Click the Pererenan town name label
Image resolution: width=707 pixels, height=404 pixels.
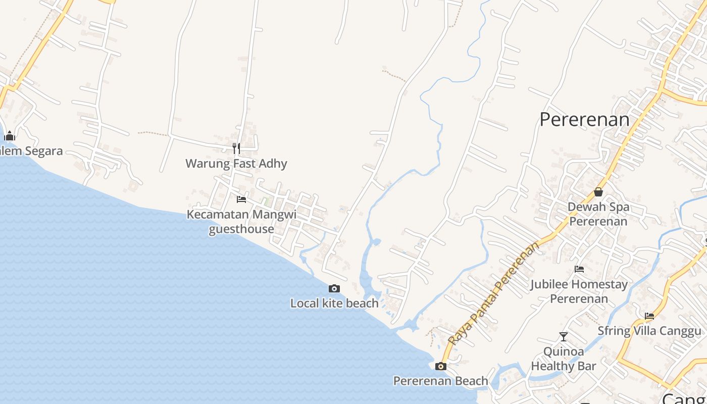tap(584, 120)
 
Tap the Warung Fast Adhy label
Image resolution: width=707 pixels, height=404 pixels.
tap(236, 164)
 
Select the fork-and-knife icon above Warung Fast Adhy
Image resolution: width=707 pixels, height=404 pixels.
tap(236, 148)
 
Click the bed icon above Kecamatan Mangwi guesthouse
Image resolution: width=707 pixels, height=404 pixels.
tap(241, 199)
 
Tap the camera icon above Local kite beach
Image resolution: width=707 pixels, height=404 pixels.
tap(334, 289)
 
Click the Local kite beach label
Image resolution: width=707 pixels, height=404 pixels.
tap(334, 303)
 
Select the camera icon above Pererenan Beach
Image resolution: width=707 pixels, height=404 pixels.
tap(441, 367)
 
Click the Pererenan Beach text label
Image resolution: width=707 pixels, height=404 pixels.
tap(440, 381)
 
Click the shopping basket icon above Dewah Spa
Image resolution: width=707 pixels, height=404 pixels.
tap(598, 192)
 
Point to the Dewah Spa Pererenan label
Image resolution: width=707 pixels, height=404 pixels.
tap(598, 214)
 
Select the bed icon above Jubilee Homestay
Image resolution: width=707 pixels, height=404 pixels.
tap(579, 269)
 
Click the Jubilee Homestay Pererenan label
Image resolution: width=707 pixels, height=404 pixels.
tap(579, 291)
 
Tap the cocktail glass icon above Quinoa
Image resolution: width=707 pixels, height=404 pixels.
tap(564, 336)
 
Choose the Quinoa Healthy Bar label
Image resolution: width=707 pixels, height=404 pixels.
tap(564, 359)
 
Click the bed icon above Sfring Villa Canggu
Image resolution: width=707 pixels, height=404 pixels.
tap(649, 317)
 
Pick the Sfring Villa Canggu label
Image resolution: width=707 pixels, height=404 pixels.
tap(649, 331)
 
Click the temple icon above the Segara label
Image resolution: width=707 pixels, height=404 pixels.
tap(10, 136)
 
